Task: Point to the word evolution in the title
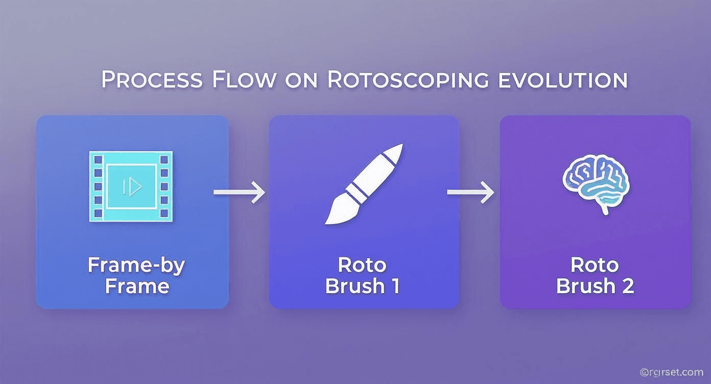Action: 565,80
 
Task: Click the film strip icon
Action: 131,186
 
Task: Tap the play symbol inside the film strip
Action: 133,187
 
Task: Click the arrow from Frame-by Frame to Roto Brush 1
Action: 239,192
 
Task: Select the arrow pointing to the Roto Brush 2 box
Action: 470,192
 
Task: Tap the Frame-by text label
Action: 136,265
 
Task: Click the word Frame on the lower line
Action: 137,286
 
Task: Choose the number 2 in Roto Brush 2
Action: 628,286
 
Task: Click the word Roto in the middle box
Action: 362,265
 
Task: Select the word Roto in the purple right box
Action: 594,265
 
